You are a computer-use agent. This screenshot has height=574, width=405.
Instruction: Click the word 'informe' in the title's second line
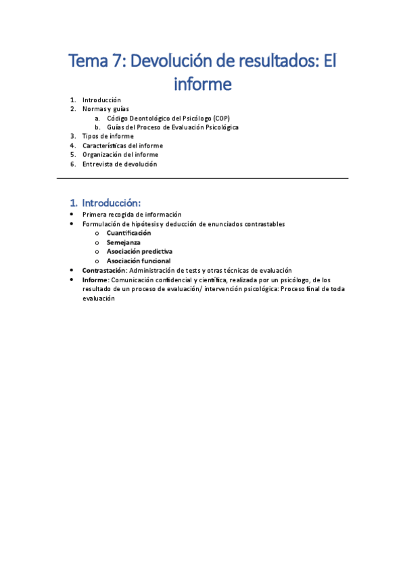(x=202, y=84)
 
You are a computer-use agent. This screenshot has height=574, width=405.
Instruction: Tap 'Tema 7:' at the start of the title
(x=96, y=62)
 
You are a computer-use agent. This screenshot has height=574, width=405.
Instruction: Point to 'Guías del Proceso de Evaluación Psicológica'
(x=172, y=127)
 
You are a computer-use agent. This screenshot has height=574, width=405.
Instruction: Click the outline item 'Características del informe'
(x=122, y=146)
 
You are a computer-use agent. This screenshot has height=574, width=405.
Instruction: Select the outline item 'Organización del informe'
(x=120, y=154)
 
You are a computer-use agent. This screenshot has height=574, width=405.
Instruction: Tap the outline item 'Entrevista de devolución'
(x=120, y=164)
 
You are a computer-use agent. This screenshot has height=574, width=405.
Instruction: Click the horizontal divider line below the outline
(x=202, y=178)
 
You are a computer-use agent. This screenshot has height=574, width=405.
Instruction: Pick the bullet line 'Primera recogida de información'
(x=132, y=215)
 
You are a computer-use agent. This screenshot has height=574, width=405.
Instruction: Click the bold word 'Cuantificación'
(x=128, y=233)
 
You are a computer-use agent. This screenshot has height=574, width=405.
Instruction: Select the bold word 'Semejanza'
(x=124, y=242)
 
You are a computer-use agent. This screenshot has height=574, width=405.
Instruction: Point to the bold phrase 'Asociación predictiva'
(x=139, y=251)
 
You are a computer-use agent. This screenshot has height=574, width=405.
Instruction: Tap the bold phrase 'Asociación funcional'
(x=139, y=261)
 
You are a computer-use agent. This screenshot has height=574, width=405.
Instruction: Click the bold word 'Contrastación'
(x=104, y=270)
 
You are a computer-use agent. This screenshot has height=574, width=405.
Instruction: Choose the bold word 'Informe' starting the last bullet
(x=95, y=279)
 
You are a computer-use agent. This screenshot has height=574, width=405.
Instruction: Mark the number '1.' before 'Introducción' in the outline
(x=73, y=100)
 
